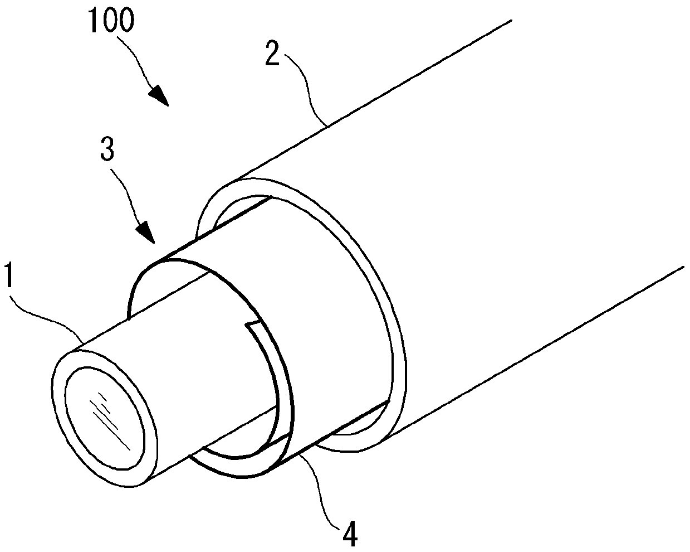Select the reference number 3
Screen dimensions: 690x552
(x=107, y=148)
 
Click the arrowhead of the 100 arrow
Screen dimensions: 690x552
(x=159, y=95)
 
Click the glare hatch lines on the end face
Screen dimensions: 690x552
(x=109, y=419)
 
